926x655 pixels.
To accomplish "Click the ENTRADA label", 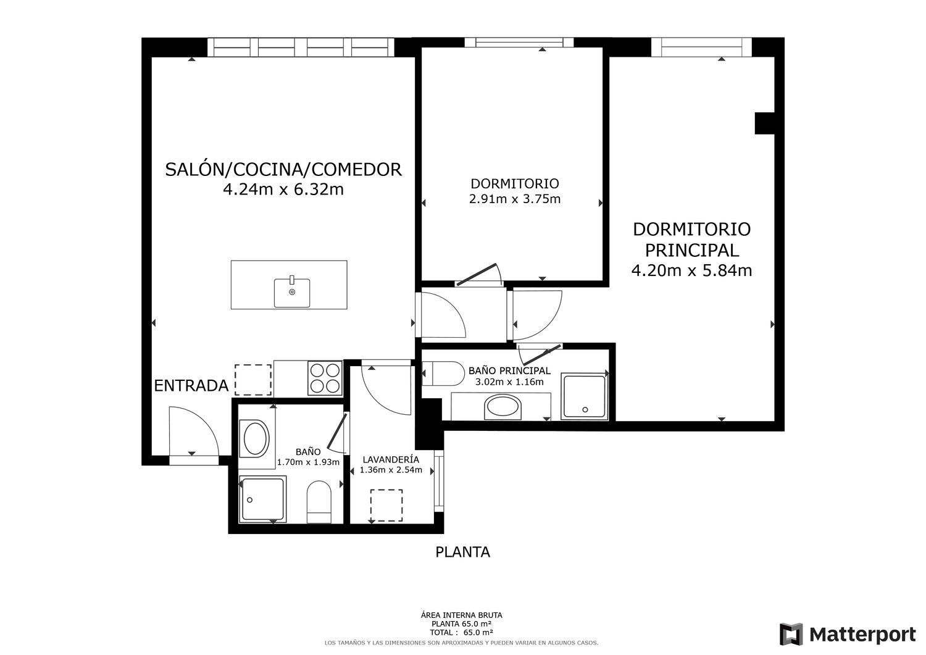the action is [191, 386].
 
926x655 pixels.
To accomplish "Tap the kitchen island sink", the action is [292, 293].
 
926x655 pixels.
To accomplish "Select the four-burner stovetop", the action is [325, 378].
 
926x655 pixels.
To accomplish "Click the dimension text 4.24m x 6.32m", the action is [283, 190].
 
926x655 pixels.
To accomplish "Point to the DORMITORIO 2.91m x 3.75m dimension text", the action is [515, 199].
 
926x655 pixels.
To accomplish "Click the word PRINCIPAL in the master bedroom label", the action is [691, 250].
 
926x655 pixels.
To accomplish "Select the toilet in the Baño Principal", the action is [443, 373].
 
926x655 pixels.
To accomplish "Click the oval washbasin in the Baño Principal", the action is [503, 407].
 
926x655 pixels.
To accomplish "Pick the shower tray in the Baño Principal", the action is [584, 396].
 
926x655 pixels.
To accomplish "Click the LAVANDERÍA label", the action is [391, 459].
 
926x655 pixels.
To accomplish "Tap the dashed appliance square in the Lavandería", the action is [386, 506].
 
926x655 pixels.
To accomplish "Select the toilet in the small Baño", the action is [319, 501].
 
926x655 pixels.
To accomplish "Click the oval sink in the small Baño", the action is [256, 438].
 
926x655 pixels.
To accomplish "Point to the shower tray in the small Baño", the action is [262, 499].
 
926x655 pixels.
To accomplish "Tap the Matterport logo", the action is [848, 634].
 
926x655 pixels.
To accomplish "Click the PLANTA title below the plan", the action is [462, 552].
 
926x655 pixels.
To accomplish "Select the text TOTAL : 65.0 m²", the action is [461, 632].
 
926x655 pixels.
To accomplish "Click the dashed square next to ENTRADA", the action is [253, 380].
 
